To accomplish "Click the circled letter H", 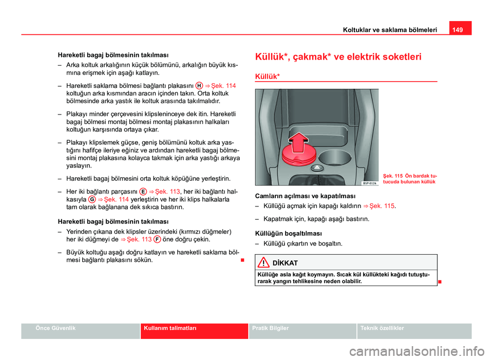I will coord(198,85).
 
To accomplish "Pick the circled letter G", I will coord(91,199).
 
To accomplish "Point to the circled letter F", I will coord(156,239).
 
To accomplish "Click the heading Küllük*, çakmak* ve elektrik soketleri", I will coord(338,57).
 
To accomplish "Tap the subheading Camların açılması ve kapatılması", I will coord(298,196).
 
